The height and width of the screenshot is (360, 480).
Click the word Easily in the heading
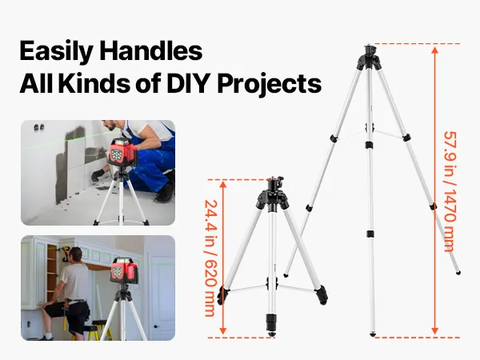(57, 52)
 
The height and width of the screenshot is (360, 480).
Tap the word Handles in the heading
(151, 50)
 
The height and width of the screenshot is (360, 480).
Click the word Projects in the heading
(270, 85)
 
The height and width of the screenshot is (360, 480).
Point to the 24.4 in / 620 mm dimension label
(210, 258)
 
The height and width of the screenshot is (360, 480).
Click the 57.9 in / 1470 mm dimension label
(450, 191)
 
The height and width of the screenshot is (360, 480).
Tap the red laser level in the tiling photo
(122, 153)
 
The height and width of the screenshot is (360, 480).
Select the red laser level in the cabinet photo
(124, 270)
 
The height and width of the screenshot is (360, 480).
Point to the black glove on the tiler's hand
(98, 175)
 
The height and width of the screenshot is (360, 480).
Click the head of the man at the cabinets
(76, 254)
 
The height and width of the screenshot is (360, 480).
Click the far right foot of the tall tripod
(458, 273)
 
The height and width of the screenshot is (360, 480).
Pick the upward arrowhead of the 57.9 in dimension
(434, 50)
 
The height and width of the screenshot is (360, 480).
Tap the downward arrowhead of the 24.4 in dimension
(223, 330)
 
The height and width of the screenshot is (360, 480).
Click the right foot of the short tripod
(322, 294)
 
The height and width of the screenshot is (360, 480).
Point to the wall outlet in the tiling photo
(39, 127)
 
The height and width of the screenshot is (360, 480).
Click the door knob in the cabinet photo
(157, 326)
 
